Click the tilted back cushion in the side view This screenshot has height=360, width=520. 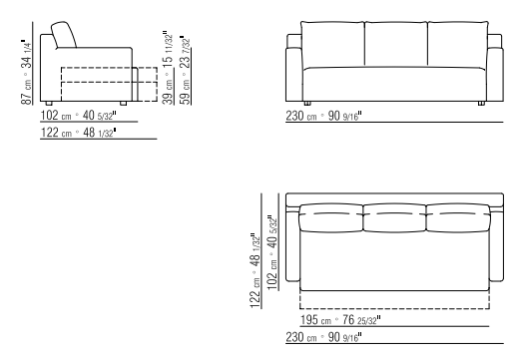coord(64,35)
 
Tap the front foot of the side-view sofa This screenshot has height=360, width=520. coord(123,104)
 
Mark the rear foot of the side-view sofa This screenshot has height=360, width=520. coord(49,104)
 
